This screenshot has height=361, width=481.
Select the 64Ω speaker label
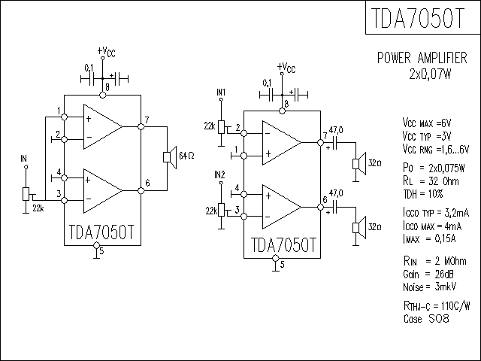186,156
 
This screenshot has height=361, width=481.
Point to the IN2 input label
220,174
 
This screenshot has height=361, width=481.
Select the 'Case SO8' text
426,319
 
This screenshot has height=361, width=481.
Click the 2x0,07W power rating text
431,74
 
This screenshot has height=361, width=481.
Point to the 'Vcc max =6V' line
427,122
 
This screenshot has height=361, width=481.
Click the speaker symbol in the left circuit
168,156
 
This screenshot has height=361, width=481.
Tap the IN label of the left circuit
23,159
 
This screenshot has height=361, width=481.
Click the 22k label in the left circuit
38,207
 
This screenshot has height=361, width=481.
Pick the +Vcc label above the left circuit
106,52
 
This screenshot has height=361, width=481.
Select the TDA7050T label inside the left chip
101,232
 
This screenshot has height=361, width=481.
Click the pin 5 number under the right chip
282,264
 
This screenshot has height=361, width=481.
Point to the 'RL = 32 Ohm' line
431,180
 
